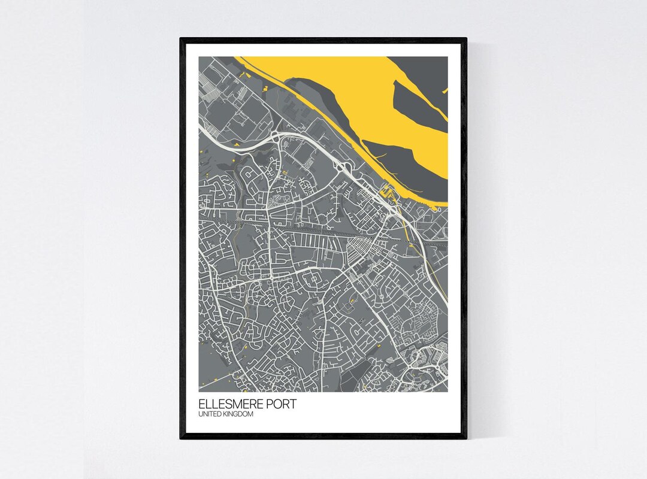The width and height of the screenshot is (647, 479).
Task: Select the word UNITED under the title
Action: click(x=210, y=414)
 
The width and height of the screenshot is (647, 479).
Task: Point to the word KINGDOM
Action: click(x=238, y=414)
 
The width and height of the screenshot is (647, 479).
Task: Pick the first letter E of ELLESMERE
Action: click(x=201, y=405)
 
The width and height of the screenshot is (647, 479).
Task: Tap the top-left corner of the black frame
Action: click(x=181, y=39)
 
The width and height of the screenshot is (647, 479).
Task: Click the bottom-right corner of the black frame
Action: click(x=465, y=438)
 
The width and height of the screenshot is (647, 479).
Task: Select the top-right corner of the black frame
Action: click(x=465, y=39)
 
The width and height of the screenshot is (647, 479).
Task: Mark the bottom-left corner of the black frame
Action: click(x=181, y=438)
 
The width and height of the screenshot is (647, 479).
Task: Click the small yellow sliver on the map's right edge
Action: click(x=445, y=90)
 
